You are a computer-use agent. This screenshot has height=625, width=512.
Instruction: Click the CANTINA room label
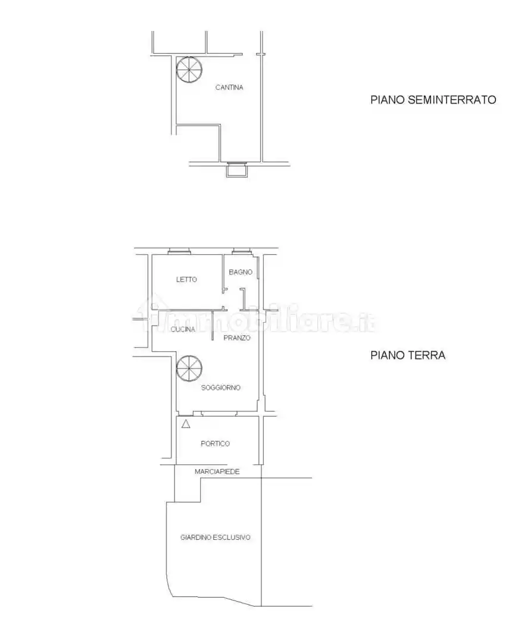pyautogui.click(x=229, y=87)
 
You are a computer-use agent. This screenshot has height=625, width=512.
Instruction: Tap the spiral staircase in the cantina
pyautogui.click(x=189, y=70)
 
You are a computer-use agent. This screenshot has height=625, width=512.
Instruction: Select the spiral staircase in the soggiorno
pyautogui.click(x=189, y=368)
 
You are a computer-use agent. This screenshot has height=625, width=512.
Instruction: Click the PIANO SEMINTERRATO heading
pyautogui.click(x=433, y=99)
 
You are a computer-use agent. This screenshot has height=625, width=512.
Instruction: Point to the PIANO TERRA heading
pyautogui.click(x=408, y=355)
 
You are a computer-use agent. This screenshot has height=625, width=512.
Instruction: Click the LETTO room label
pyautogui.click(x=186, y=279)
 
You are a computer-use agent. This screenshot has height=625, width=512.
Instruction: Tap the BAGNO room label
pyautogui.click(x=241, y=272)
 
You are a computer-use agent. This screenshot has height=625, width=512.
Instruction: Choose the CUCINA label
pyautogui.click(x=183, y=329)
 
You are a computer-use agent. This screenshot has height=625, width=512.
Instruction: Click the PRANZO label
pyautogui.click(x=237, y=338)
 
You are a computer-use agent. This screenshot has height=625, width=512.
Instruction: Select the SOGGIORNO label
pyautogui.click(x=221, y=387)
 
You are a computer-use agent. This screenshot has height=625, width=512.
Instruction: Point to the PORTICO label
pyautogui.click(x=216, y=443)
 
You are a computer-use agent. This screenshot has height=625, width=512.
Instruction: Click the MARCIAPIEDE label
pyautogui.click(x=217, y=471)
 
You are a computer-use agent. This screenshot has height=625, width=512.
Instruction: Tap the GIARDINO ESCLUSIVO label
pyautogui.click(x=216, y=537)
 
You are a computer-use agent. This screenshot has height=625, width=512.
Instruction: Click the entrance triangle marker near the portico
pyautogui.click(x=186, y=424)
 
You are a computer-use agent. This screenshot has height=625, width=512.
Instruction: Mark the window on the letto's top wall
pyautogui.click(x=179, y=251)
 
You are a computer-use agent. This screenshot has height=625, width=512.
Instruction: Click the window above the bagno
pyautogui.click(x=242, y=251)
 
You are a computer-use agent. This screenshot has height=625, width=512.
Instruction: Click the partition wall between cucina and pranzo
pyautogui.click(x=213, y=326)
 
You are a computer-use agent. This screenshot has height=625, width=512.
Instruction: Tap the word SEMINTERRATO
pyautogui.click(x=452, y=99)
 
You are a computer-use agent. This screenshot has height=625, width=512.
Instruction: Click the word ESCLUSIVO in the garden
pyautogui.click(x=232, y=537)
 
